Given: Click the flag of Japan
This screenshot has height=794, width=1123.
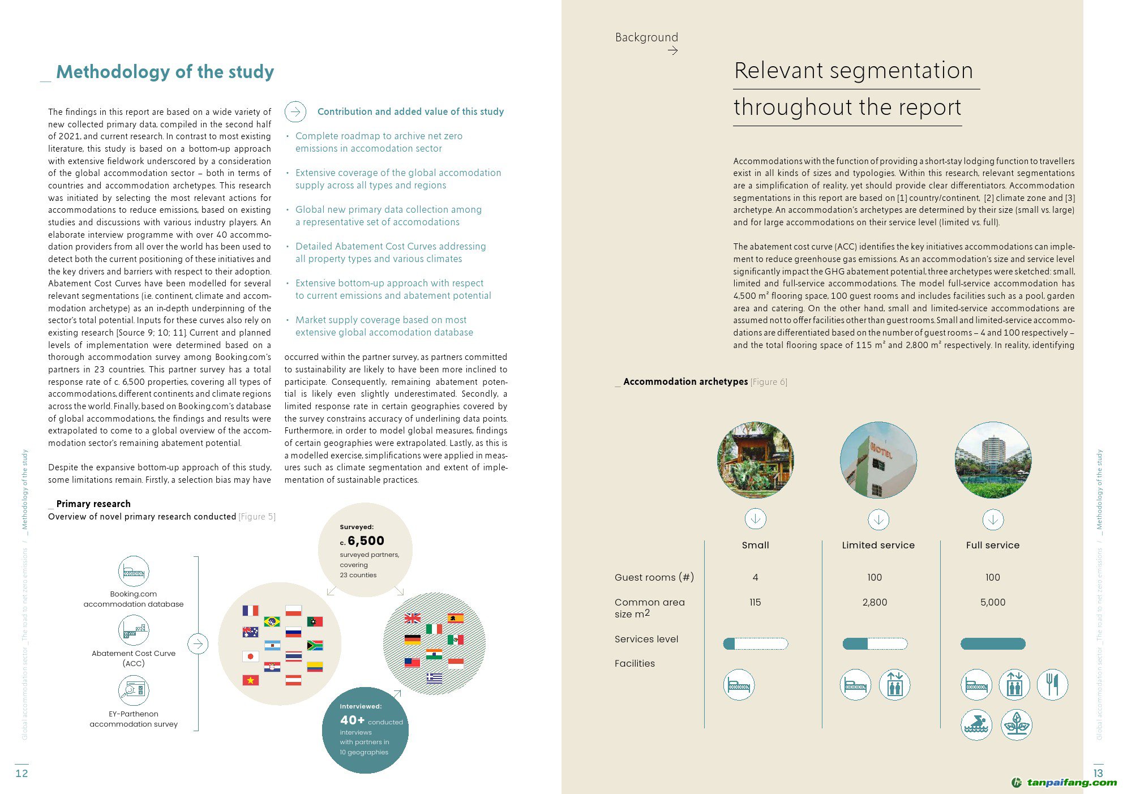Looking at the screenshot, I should point(250,656).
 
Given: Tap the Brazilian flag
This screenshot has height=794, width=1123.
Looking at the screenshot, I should point(272,621).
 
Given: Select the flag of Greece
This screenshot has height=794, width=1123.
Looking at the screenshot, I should point(434,677).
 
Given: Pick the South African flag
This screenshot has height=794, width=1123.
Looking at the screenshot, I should point(315,645).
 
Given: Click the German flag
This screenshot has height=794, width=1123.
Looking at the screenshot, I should point(413,640).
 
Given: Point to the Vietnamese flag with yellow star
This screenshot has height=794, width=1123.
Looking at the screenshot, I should point(250,680).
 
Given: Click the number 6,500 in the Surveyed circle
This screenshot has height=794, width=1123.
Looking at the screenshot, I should point(366,540).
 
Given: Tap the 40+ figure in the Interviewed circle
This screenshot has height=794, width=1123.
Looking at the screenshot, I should point(352,720).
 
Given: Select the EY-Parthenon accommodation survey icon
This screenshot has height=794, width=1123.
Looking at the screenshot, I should point(134,690).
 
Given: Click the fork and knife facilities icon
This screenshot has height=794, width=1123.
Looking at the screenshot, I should point(1052,684).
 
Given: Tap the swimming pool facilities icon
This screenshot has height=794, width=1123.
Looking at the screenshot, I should point(976,724).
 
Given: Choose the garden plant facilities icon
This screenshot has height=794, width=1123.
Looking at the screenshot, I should point(1017,724).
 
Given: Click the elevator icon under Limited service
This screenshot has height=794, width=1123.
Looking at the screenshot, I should point(894,684).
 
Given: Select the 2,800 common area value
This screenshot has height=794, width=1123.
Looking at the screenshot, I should point(875,602).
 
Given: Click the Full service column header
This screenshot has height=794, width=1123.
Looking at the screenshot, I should point(993,545).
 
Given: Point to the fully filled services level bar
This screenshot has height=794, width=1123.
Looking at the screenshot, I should point(993,643).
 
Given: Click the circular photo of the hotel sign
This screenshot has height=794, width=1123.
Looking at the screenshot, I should point(878,460).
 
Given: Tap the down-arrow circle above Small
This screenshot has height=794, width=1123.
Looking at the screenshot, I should point(755,518).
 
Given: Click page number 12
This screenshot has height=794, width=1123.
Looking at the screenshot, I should point(22,773).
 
